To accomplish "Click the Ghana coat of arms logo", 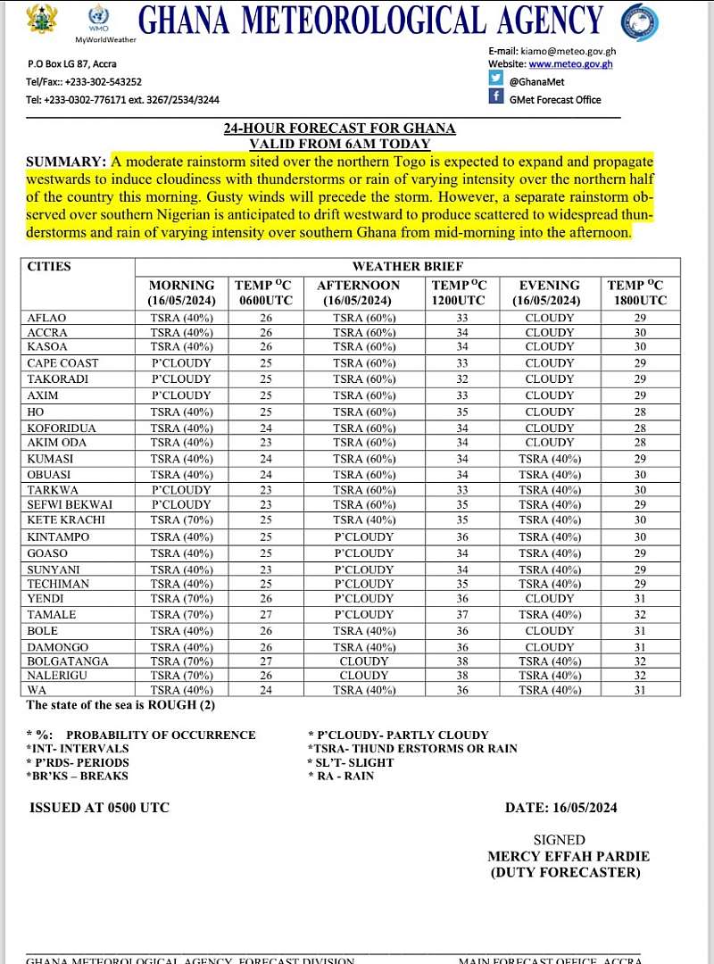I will point(43,19).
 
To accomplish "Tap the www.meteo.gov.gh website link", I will point(570,64).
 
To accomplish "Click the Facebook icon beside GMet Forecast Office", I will point(496,96).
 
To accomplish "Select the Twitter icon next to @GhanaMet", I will point(496,79).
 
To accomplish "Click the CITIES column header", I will point(49,267).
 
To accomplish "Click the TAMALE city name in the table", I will point(51,615).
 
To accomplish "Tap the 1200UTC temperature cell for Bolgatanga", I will point(462,662).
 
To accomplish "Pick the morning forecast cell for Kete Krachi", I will point(181,520).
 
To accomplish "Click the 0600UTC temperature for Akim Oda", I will point(264,443).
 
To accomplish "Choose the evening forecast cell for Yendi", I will point(550,599).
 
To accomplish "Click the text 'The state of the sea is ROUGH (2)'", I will point(120,705).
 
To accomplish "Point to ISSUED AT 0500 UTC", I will point(99,808).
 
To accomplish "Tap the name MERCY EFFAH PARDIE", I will point(568,856).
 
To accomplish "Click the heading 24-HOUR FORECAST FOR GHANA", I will point(339,129).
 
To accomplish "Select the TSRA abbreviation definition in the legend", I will point(411,749).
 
